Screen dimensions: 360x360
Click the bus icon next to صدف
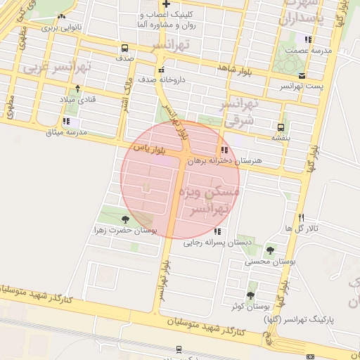tap(124, 49)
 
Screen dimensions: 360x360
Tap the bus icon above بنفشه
tap(281, 127)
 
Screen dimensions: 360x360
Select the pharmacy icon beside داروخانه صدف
tap(162, 70)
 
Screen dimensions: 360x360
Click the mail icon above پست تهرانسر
tap(302, 75)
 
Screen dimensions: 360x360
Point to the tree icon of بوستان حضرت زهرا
tap(125, 220)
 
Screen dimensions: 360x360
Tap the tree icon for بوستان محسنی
tap(270, 250)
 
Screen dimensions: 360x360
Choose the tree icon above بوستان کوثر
tap(250, 295)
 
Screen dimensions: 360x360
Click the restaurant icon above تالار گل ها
tap(302, 217)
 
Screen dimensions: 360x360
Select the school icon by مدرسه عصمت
tap(307, 39)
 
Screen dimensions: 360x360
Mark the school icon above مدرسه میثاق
tap(65, 121)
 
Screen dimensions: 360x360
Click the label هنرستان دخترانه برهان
tap(226, 161)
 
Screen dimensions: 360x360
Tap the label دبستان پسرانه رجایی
tap(212, 243)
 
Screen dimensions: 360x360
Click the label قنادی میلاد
tap(78, 99)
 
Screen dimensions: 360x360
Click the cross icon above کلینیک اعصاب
tap(165, 4)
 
